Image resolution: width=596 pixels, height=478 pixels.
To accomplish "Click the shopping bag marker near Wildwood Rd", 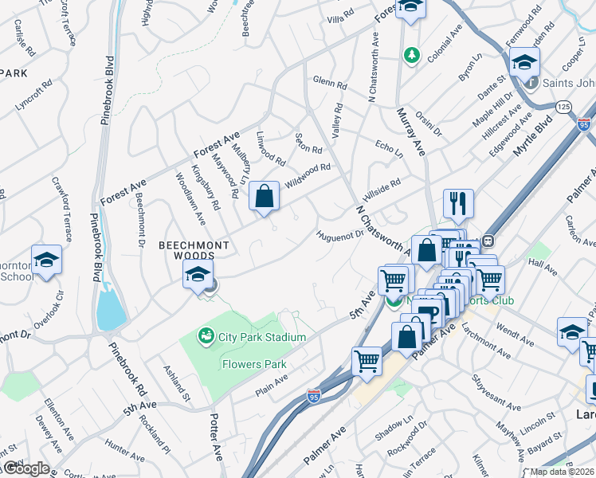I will pyautogui.click(x=264, y=197).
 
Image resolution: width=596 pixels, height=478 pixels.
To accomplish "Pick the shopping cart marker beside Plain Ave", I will pyautogui.click(x=367, y=360).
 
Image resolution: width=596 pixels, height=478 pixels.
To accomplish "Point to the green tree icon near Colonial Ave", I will pyautogui.click(x=411, y=55).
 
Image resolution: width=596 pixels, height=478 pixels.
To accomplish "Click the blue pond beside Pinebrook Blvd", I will pyautogui.click(x=110, y=307).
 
